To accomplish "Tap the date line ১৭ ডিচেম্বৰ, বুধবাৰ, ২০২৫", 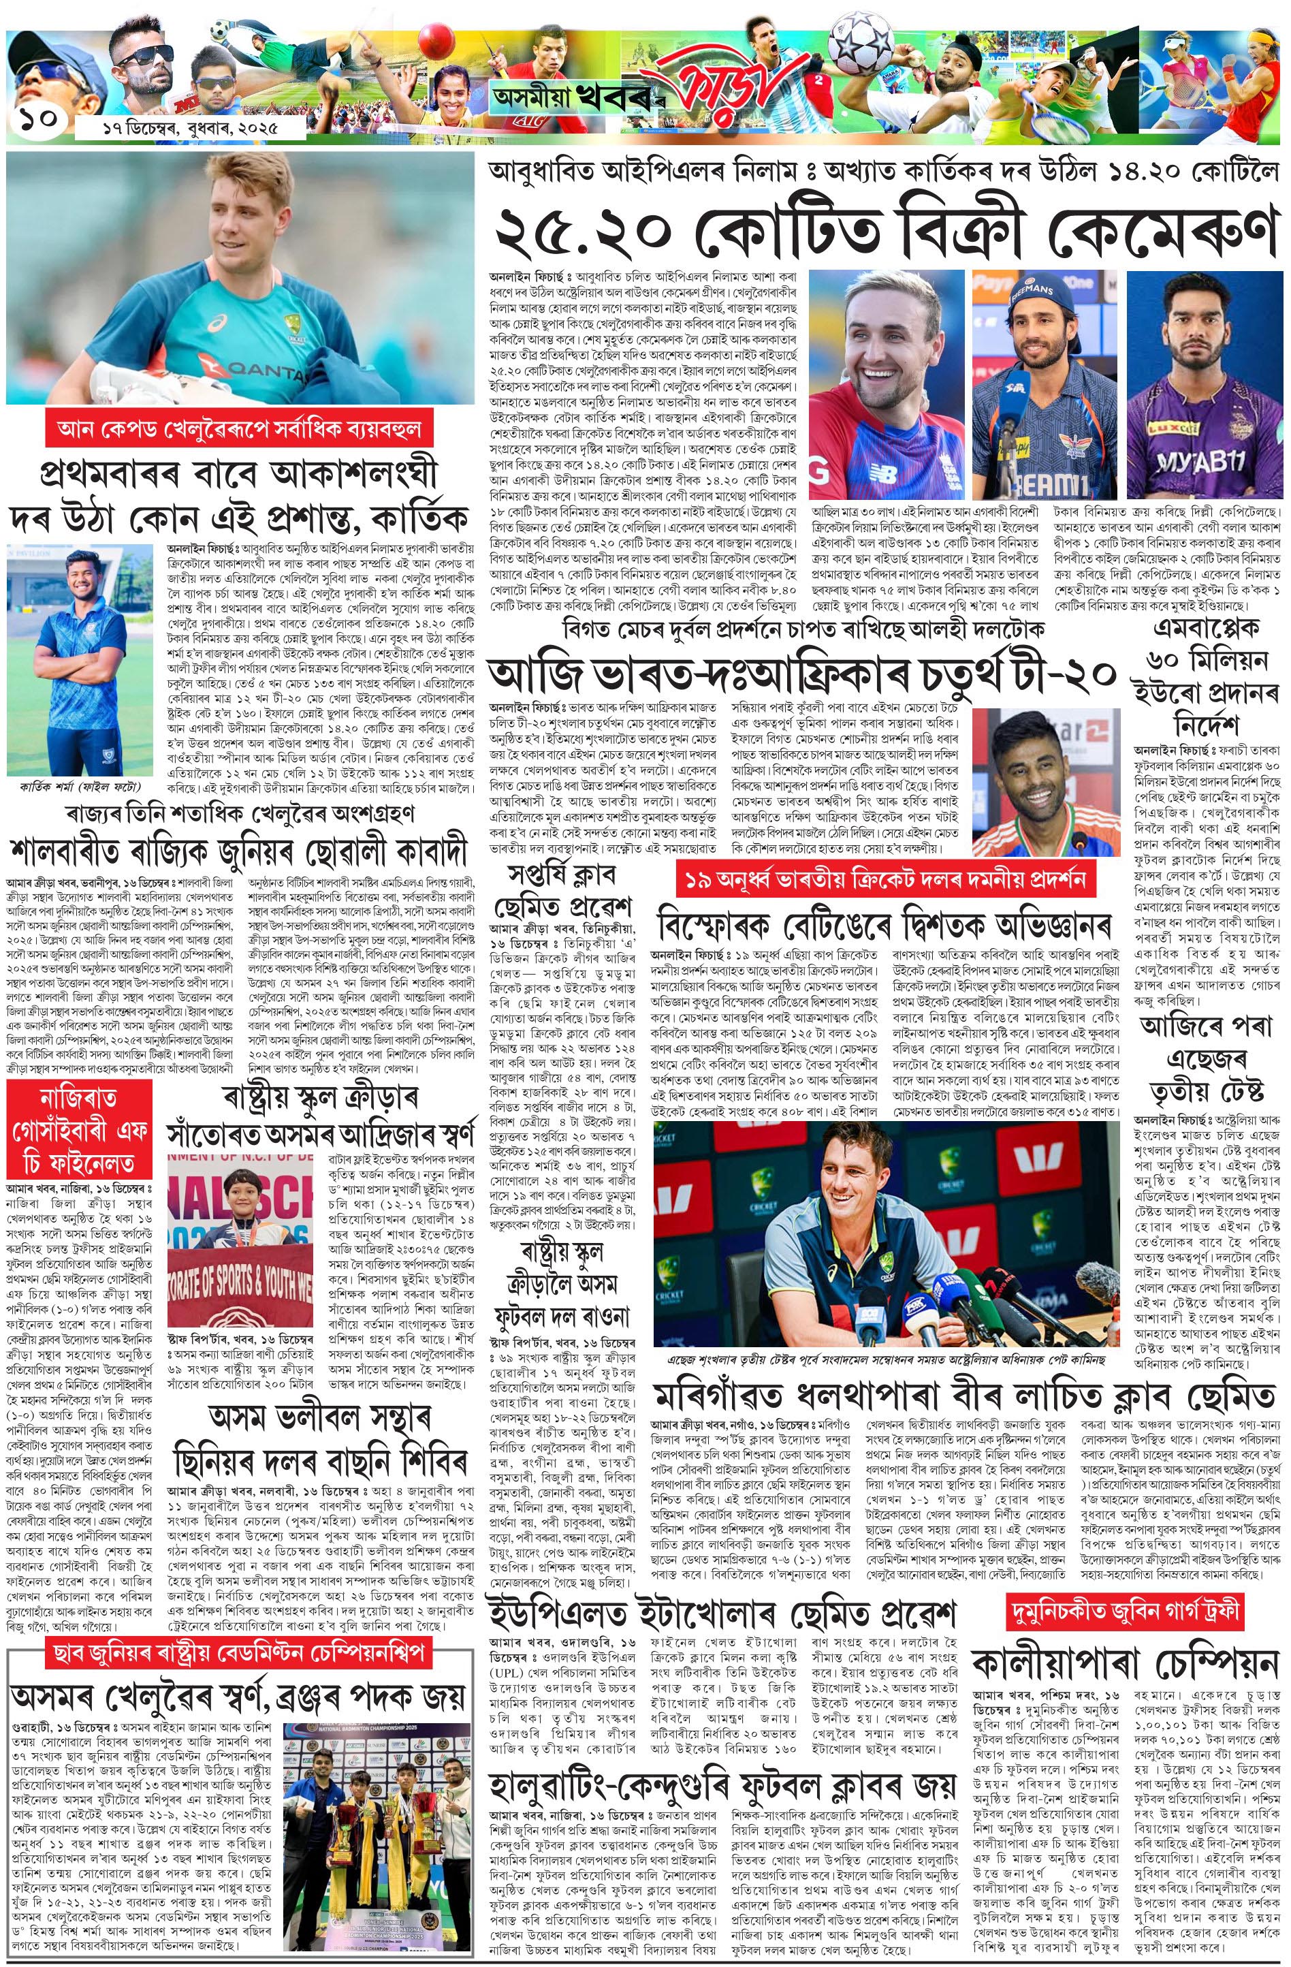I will (x=178, y=128).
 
